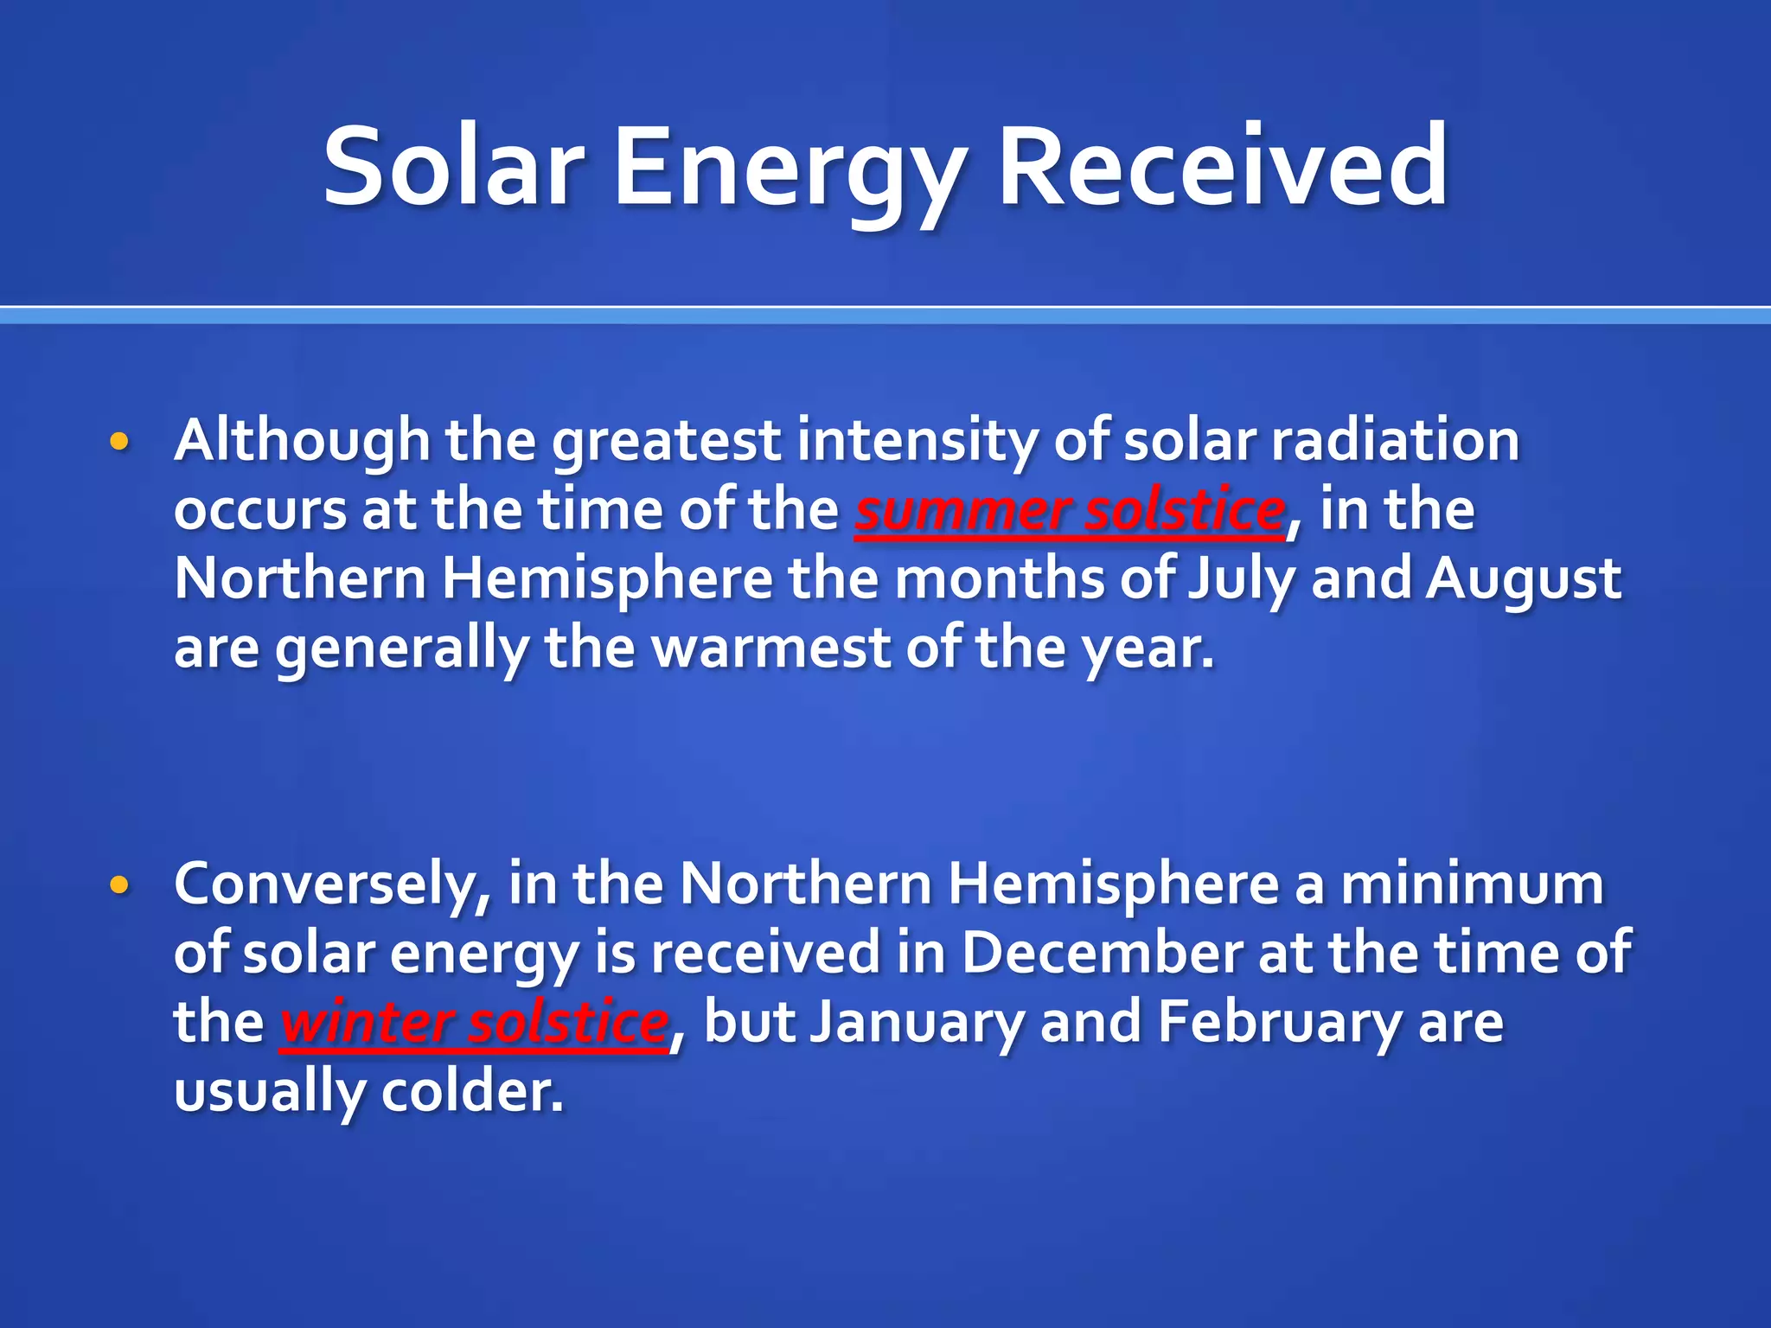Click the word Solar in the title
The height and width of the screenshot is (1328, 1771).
pyautogui.click(x=453, y=166)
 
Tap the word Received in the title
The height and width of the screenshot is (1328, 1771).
pyautogui.click(x=1223, y=166)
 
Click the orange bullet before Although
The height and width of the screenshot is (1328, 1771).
pyautogui.click(x=119, y=442)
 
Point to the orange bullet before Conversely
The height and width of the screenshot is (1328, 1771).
pyautogui.click(x=119, y=884)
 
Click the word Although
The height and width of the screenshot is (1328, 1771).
pyautogui.click(x=302, y=441)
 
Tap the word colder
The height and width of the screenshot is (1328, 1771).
pyautogui.click(x=472, y=1091)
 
